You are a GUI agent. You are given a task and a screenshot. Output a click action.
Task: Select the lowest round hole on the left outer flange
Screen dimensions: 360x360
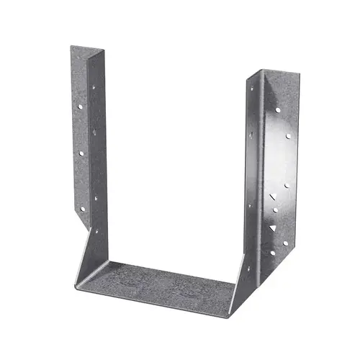83,208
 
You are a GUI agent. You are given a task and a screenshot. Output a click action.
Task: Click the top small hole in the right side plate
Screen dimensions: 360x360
251,89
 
